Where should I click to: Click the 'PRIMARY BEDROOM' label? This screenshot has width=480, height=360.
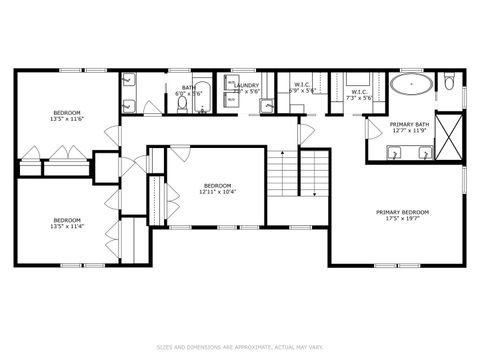coord(403,212)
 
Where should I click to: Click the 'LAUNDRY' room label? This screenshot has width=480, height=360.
coord(247,86)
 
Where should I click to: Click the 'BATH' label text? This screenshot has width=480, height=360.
coord(188,86)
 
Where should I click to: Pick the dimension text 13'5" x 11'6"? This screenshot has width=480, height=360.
coord(68,119)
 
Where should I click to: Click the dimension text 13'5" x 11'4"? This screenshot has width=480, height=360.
coord(67,226)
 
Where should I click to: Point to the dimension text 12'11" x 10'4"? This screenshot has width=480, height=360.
coord(217,191)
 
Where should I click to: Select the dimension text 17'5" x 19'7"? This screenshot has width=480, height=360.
coord(403,219)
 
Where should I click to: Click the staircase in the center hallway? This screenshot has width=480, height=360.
coord(301,180)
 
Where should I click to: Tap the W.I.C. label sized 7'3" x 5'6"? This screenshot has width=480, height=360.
coord(359,97)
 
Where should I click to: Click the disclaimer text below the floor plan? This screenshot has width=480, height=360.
coord(240,347)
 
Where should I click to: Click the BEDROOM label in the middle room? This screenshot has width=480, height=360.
coord(217,185)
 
